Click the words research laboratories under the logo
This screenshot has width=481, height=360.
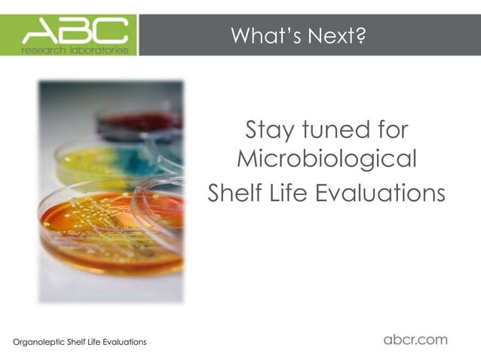(x=75, y=50)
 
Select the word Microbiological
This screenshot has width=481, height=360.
(x=326, y=160)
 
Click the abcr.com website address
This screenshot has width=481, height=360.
(x=415, y=340)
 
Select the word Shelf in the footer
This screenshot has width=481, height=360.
(x=77, y=343)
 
